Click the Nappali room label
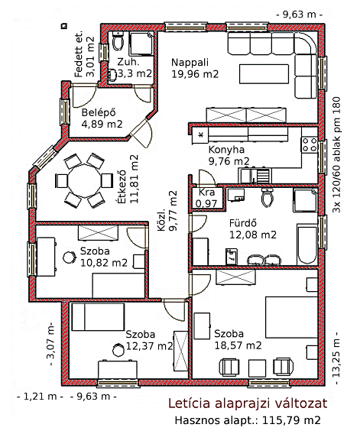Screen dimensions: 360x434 (x=190, y=63)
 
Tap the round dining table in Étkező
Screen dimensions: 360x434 (x=84, y=180)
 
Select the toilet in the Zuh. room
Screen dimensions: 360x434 (x=118, y=41)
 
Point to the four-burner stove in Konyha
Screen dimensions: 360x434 (x=310, y=144)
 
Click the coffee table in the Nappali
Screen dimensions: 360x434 (x=264, y=74)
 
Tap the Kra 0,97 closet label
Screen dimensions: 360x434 (x=206, y=198)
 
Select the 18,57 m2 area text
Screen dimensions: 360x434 (x=238, y=345)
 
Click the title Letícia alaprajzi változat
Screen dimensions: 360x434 (x=248, y=403)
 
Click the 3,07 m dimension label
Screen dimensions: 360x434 (x=50, y=344)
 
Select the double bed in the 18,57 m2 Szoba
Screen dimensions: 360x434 (x=291, y=317)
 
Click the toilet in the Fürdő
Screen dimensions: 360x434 (x=268, y=197)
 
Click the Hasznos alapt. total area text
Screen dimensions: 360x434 (x=248, y=420)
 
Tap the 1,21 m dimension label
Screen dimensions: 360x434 (x=40, y=397)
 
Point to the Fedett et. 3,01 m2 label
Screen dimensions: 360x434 (x=85, y=57)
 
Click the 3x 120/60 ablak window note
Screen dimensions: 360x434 (x=336, y=154)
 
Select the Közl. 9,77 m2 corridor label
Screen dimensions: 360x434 (x=167, y=211)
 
